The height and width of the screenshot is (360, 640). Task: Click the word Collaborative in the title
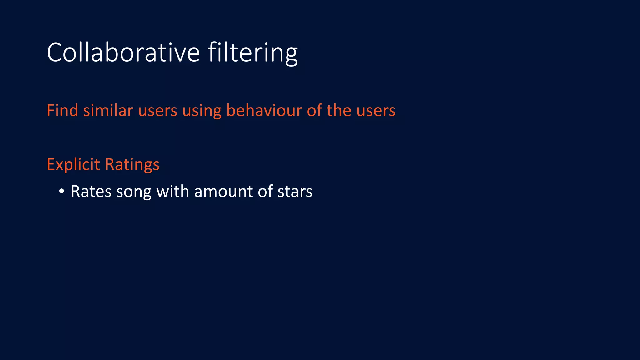point(123,52)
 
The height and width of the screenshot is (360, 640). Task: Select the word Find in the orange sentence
point(62,111)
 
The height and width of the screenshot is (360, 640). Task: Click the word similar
point(108,111)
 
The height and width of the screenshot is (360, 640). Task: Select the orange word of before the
point(314,111)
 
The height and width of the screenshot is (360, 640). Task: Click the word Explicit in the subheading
point(73,165)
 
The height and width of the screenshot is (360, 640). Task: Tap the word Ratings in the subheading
point(132,165)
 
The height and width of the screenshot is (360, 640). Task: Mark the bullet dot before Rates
point(62,191)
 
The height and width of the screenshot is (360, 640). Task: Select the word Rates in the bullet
point(91,192)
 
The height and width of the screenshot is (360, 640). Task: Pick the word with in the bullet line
point(173,191)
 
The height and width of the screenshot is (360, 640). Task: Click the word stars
point(295,192)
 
